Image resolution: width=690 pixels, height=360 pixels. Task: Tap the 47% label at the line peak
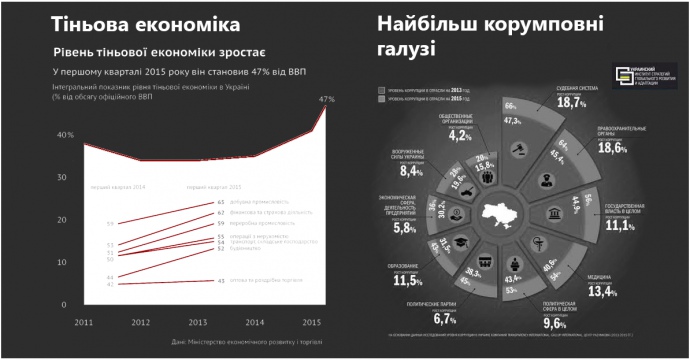point(326,98)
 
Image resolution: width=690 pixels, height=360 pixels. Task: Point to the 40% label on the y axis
point(65,135)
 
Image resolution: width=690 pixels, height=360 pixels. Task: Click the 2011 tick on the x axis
point(84,322)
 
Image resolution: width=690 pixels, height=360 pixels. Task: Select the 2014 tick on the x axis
point(255,322)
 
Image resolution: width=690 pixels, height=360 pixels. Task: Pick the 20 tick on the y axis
point(62,220)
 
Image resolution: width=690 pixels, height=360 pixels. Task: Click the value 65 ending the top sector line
point(221,202)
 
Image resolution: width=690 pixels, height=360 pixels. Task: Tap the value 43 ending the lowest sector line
point(221,281)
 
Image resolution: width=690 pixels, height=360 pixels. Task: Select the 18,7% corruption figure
point(571,103)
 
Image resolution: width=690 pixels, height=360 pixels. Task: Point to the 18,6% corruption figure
point(611,148)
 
